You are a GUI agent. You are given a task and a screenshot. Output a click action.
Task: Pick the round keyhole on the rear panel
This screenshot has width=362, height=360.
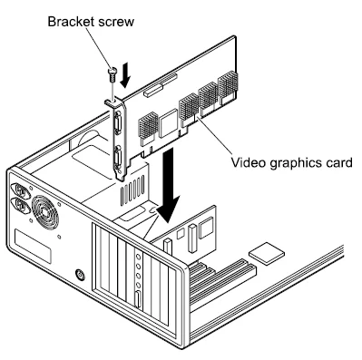pyautogui.click(x=83, y=273)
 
